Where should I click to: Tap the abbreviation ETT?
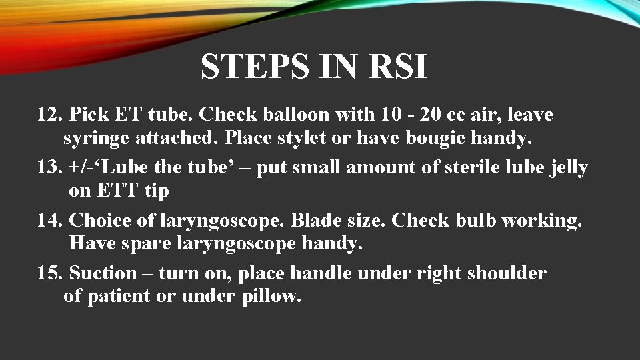[117, 191]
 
